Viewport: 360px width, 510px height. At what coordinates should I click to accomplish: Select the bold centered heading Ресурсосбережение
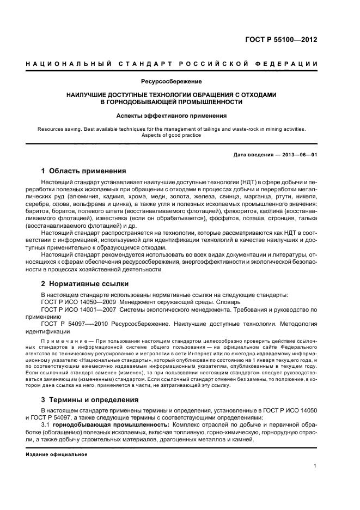(x=172, y=82)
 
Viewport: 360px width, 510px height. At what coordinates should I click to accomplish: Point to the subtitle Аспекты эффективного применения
(x=172, y=116)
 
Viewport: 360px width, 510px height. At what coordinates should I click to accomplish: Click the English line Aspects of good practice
(x=172, y=135)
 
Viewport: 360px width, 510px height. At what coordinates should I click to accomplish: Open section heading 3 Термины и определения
(x=89, y=399)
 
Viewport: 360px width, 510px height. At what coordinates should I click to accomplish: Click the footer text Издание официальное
(x=57, y=454)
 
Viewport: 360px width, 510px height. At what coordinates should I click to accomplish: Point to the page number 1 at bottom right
(x=315, y=466)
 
